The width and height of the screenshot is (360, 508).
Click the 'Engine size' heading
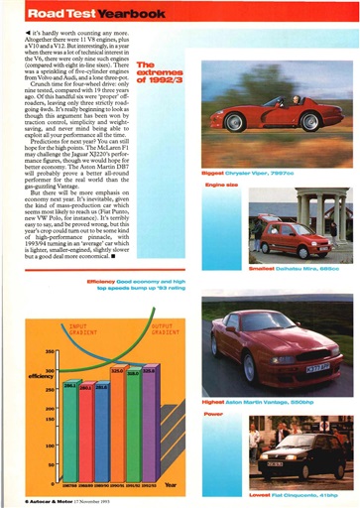tap(220, 185)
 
